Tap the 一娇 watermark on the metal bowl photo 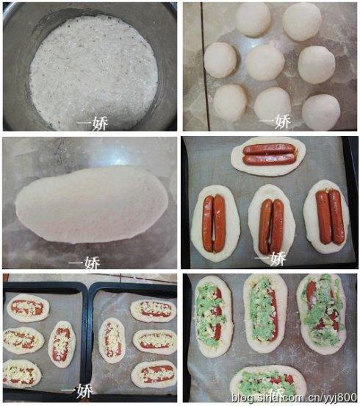[92, 123]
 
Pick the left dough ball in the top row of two [253, 19]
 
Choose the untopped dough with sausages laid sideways [269, 154]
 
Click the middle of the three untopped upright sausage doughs [271, 224]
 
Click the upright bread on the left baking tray [62, 343]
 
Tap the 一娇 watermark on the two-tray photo [76, 390]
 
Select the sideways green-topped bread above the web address [267, 382]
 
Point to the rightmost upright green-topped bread [321, 313]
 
